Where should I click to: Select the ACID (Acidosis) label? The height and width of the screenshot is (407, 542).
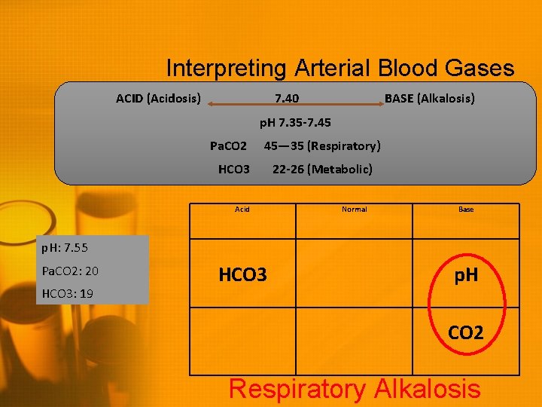tap(158, 98)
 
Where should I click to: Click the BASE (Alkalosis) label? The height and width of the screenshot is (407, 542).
tap(429, 98)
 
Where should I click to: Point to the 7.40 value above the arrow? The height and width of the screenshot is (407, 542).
tap(286, 98)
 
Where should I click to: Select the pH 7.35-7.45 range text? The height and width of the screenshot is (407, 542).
tap(295, 122)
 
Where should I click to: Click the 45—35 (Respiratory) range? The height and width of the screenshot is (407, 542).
tap(322, 145)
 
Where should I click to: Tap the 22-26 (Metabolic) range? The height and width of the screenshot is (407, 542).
tap(322, 169)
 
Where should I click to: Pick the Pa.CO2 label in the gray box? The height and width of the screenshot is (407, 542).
tap(228, 145)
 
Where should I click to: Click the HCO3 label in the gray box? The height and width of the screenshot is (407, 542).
tap(233, 169)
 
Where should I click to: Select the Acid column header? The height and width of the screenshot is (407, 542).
tap(242, 209)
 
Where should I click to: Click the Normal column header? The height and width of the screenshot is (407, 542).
tap(354, 209)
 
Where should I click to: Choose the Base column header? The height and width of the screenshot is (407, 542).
tap(466, 209)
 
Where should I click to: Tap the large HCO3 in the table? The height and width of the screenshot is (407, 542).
tap(242, 275)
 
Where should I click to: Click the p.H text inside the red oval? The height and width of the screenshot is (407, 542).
tap(466, 276)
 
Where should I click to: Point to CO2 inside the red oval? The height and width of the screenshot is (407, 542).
tap(466, 332)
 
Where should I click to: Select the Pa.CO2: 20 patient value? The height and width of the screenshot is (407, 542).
tap(70, 271)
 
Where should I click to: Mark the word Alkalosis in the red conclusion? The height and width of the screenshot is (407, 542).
tap(423, 389)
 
